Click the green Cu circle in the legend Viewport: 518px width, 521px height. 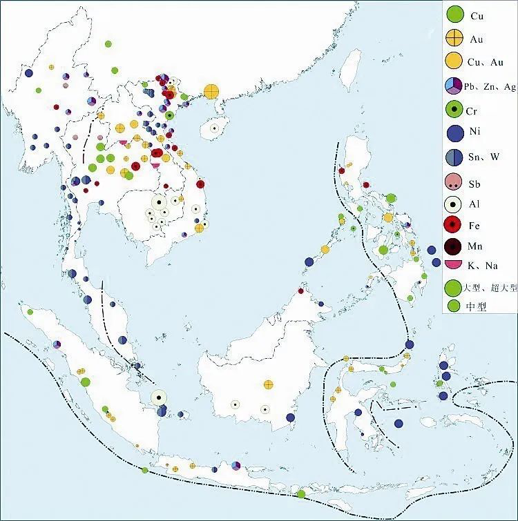454,13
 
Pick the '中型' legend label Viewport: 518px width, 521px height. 477,308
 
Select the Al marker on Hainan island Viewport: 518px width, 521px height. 215,128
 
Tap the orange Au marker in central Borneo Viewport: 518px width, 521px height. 269,384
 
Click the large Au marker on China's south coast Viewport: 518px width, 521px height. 211,91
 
